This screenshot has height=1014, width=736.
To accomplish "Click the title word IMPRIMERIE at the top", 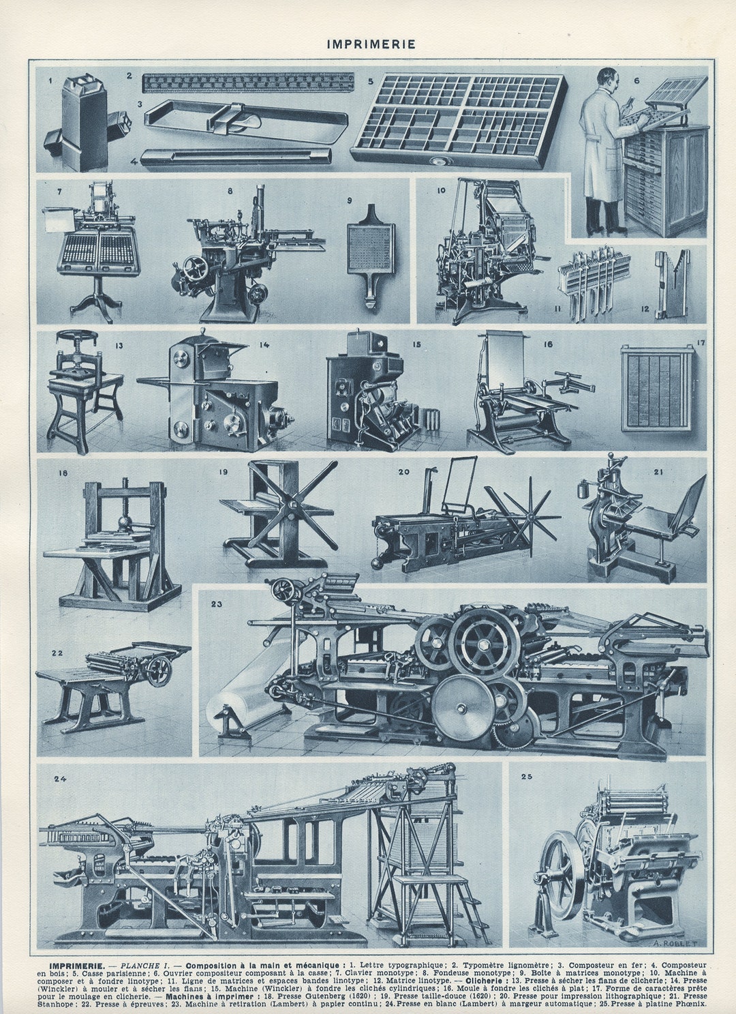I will click(371, 44).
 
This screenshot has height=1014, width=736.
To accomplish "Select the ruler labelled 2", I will click(248, 83).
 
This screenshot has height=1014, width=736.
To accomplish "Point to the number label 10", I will click(441, 190).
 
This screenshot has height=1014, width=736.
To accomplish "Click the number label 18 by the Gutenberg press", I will click(63, 473).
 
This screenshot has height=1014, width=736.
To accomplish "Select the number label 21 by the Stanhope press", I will click(658, 471).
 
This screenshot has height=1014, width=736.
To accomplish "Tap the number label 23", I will click(217, 603).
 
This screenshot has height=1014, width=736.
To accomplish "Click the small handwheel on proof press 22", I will click(159, 672).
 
